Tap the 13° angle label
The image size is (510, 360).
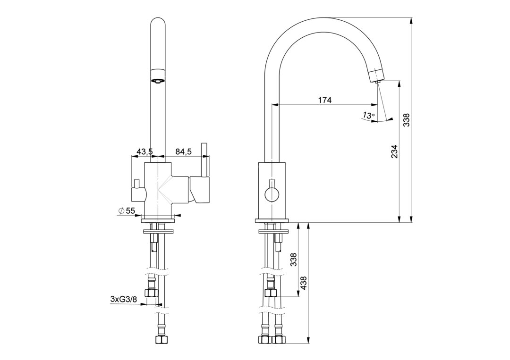pyautogui.click(x=368, y=115)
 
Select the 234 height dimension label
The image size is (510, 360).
pyautogui.click(x=394, y=151)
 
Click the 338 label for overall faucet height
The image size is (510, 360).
pyautogui.click(x=407, y=120)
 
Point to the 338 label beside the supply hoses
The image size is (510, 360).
pyautogui.click(x=293, y=260)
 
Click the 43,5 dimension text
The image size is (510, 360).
pyautogui.click(x=145, y=152)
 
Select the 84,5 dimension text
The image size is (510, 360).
pyautogui.click(x=183, y=152)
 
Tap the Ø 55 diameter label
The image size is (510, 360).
pyautogui.click(x=127, y=210)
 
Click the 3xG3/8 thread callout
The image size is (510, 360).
pyautogui.click(x=123, y=299)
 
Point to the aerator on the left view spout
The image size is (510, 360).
pyautogui.click(x=158, y=77)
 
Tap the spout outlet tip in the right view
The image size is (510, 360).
pyautogui.click(x=377, y=82)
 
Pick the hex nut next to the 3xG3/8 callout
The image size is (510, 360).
pyautogui.click(x=152, y=293)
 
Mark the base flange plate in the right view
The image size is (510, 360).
pyautogui.click(x=272, y=221)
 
